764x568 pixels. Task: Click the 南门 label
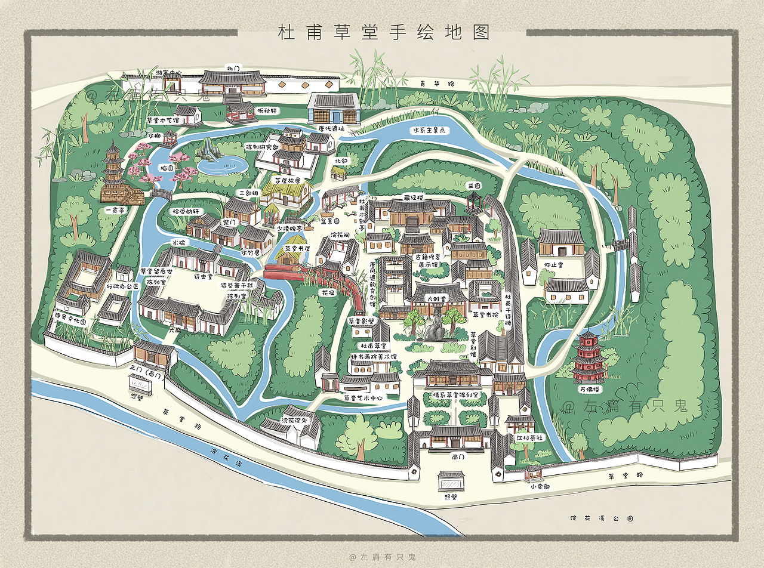pyautogui.click(x=458, y=456)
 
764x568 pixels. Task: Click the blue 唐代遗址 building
pyautogui.click(x=333, y=109)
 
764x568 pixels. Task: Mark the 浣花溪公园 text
pyautogui.click(x=602, y=518)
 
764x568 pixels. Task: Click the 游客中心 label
pyautogui.click(x=168, y=73)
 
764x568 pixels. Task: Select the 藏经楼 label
pyautogui.click(x=412, y=196)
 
